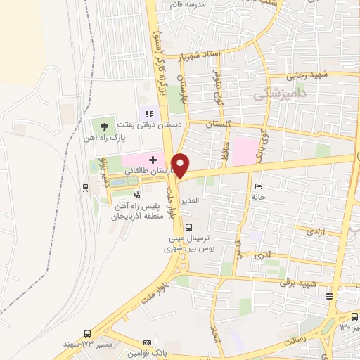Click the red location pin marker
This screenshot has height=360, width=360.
click(181, 165)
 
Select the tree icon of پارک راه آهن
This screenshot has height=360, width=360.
click(104, 127)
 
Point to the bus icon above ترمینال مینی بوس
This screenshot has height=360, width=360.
click(188, 226)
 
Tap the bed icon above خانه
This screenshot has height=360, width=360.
click(259, 186)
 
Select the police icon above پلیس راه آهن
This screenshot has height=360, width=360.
click(136, 195)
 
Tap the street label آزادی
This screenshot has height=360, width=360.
click(309, 230)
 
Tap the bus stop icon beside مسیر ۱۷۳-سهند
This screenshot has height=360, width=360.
click(87, 333)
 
